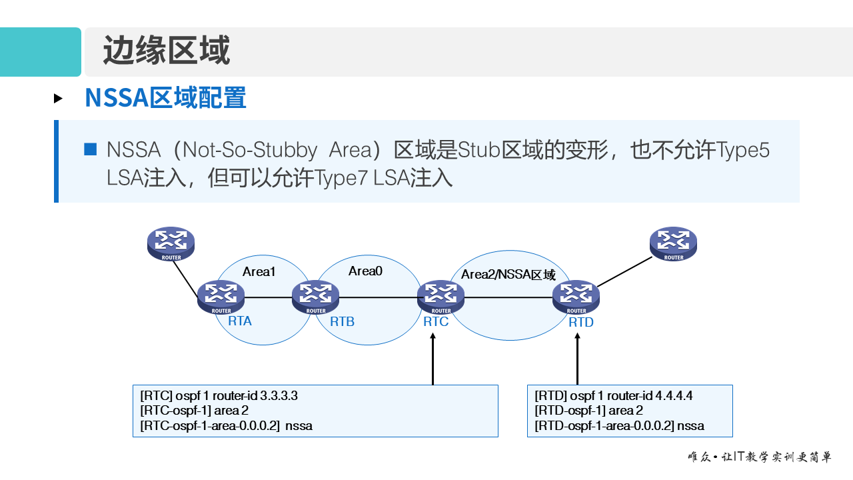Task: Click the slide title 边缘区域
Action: [166, 51]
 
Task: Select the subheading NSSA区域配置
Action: [165, 98]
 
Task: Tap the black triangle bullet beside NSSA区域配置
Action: [59, 99]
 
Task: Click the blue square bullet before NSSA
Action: [90, 149]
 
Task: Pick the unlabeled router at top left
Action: [171, 243]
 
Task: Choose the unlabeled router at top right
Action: [673, 243]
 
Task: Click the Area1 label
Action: [259, 272]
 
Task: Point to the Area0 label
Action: [365, 271]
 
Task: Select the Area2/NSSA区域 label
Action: [508, 275]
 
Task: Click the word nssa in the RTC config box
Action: [299, 426]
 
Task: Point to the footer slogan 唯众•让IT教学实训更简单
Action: [759, 457]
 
